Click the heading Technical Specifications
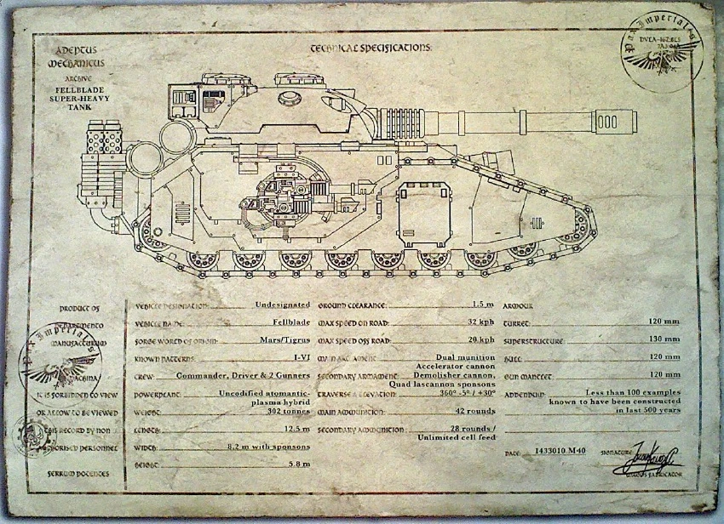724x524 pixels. (371, 48)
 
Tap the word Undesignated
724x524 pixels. (281, 305)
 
